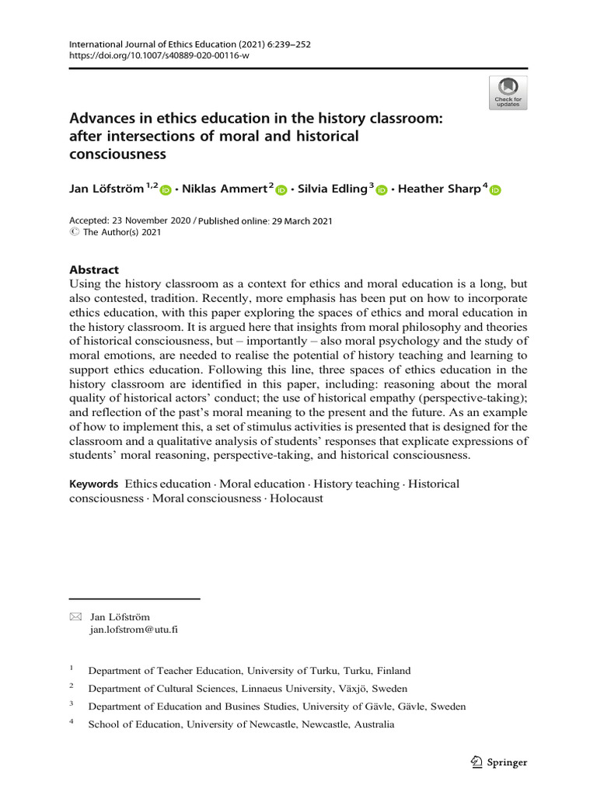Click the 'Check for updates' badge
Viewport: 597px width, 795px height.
point(508,92)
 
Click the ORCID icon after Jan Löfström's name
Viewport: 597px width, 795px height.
point(165,190)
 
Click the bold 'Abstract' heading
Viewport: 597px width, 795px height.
point(95,270)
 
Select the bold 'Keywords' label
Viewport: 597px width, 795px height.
point(94,484)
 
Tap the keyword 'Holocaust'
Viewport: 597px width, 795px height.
point(296,498)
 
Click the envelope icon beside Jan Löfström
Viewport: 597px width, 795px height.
point(75,617)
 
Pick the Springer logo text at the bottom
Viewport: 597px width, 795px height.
point(507,762)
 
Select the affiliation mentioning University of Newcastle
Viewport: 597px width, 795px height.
point(241,724)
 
